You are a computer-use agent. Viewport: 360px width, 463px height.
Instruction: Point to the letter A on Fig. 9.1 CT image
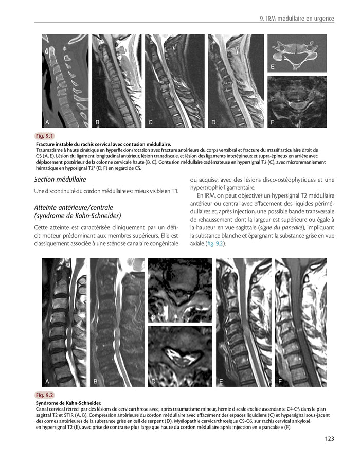coord(47,122)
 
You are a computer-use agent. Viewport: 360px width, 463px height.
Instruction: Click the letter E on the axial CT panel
coord(272,67)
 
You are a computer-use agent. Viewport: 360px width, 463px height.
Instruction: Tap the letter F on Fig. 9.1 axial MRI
coord(272,122)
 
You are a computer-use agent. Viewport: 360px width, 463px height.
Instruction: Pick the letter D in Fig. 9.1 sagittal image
coord(213,122)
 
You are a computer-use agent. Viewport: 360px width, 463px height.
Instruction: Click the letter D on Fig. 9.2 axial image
coord(153,382)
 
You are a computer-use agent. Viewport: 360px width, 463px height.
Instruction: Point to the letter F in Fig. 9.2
coord(280,382)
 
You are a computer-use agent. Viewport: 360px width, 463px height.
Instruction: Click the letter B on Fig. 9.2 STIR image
coord(96,382)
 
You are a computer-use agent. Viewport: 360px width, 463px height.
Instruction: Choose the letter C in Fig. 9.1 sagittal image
coord(151,122)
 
